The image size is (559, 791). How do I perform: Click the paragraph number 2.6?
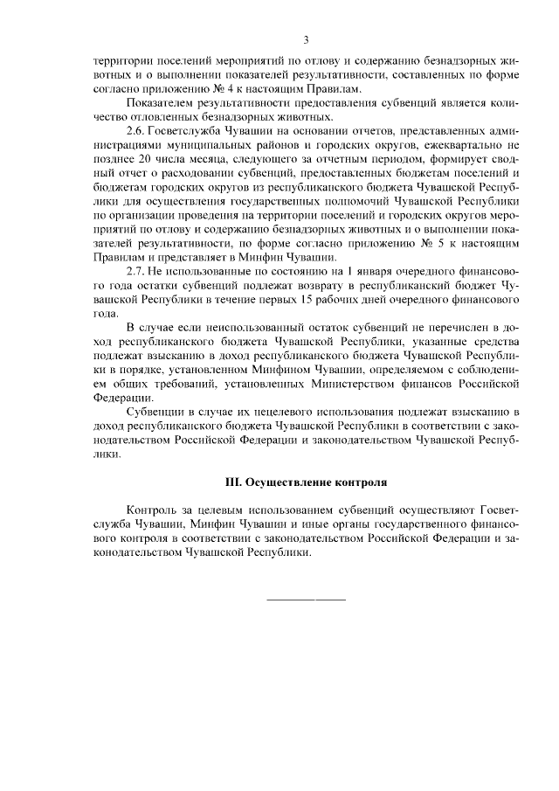[137, 129]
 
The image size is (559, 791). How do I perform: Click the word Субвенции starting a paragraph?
[153, 411]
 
